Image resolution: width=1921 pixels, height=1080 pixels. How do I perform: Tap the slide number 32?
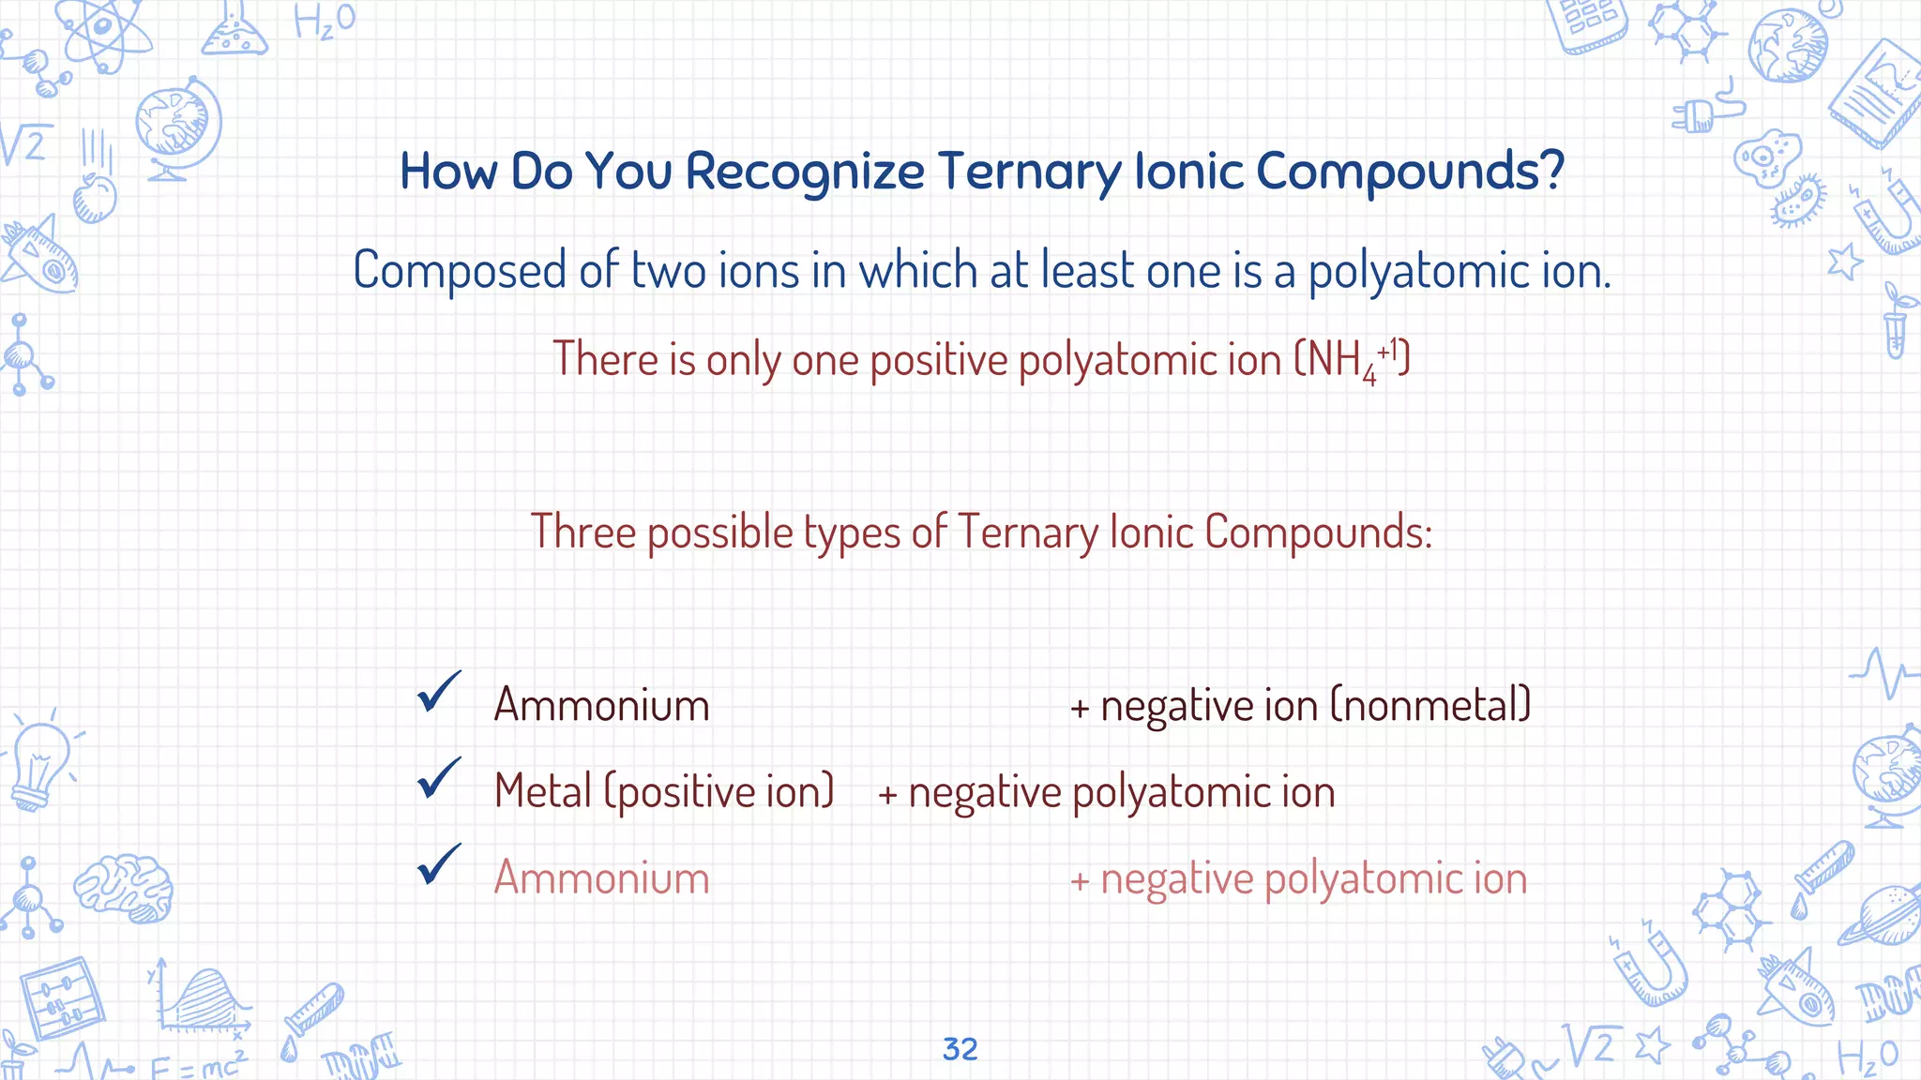click(960, 1049)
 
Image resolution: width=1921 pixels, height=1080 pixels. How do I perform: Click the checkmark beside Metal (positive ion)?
click(439, 778)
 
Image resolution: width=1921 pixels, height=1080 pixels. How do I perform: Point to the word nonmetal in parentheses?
click(1430, 706)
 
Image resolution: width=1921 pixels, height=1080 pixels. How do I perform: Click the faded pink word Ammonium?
click(601, 878)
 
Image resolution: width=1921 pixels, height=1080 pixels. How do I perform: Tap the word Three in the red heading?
click(583, 532)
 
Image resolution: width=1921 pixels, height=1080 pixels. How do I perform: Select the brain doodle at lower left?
click(124, 885)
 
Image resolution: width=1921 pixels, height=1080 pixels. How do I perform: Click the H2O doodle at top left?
click(324, 21)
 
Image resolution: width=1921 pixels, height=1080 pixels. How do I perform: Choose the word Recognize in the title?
click(805, 172)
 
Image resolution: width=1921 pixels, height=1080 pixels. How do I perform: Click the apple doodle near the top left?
click(95, 198)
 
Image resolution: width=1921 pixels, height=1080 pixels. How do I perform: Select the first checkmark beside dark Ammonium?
click(439, 692)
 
